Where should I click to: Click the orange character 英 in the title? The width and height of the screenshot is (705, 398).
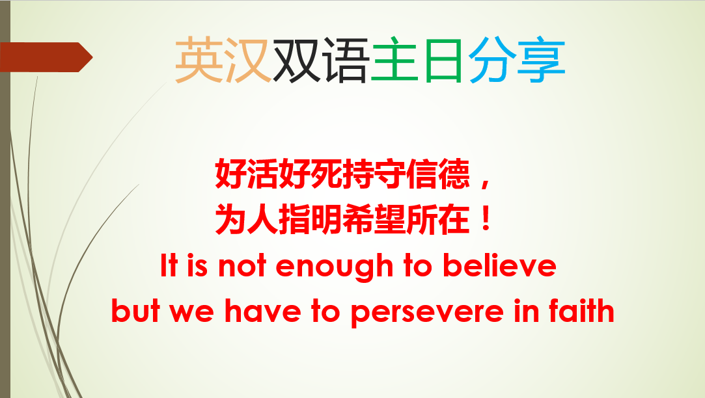(199, 60)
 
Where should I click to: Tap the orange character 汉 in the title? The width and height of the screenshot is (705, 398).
(247, 60)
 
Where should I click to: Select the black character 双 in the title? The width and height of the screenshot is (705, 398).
(297, 60)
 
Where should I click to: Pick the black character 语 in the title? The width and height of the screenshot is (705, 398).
(345, 60)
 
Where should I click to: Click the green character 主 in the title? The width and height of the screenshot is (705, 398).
(394, 60)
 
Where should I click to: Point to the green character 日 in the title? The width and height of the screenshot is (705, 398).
(443, 60)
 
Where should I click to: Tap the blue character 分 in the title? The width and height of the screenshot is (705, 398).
(492, 60)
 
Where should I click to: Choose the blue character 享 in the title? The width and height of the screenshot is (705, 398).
(541, 60)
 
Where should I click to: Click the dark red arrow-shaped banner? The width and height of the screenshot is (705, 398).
(46, 57)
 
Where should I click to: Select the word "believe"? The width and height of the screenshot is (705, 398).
(499, 265)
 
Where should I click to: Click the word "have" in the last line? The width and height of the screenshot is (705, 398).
(262, 311)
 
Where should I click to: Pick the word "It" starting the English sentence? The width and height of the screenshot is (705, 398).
(169, 265)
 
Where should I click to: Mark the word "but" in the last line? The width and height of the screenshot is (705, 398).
(135, 310)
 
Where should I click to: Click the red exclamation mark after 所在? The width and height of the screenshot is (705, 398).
(486, 219)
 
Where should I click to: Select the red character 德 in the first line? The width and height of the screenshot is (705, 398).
(454, 174)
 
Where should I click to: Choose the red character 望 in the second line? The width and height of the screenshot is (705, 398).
(391, 219)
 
